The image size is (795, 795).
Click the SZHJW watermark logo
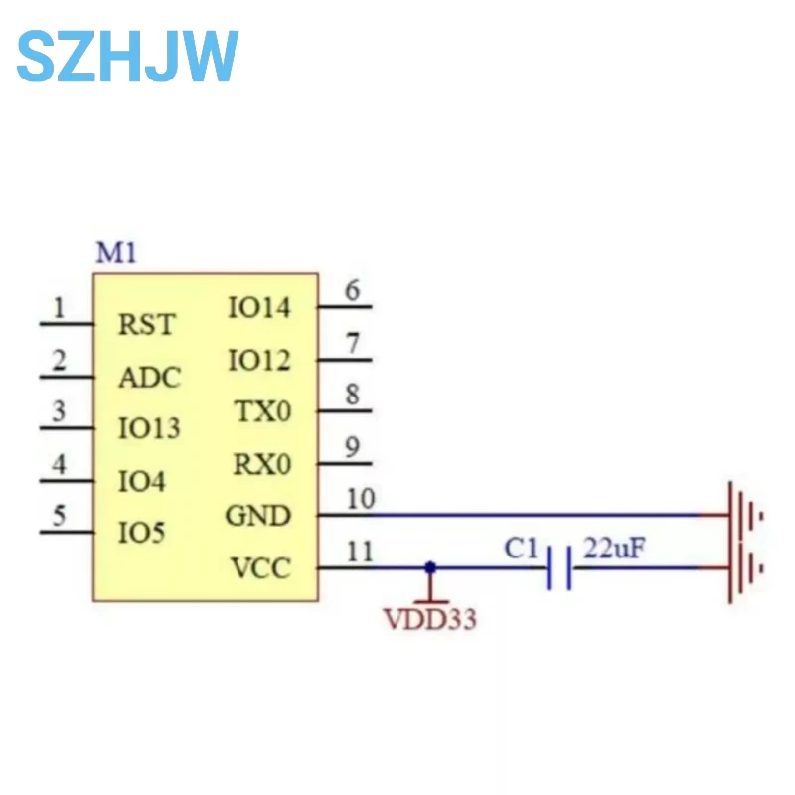pos(127,57)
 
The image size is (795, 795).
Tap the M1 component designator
pos(115,253)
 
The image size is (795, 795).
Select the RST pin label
pos(146,325)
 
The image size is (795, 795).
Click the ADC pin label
pos(149,378)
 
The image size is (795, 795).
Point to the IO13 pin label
pos(149,429)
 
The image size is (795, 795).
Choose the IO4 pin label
pos(141,482)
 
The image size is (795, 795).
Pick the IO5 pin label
pos(141,534)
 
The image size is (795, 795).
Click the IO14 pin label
pos(259,308)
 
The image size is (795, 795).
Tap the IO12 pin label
pos(259,361)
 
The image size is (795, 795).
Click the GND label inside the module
pos(258,516)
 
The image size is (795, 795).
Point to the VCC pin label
pos(260,568)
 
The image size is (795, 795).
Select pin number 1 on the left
pos(60,308)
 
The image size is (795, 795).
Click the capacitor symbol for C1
pos(558,568)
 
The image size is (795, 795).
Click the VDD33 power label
pos(430,620)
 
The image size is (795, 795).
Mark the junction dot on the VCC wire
pos(430,567)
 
